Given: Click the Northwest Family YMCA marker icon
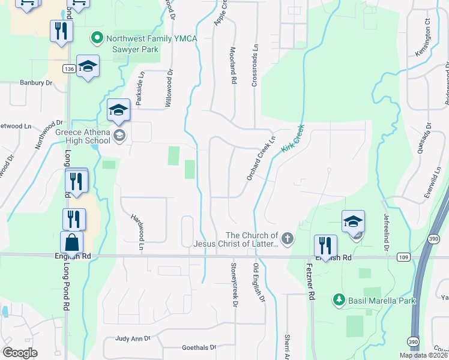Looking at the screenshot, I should click(97, 38).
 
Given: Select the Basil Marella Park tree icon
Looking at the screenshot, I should click(339, 299).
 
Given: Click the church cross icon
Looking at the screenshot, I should click(288, 239).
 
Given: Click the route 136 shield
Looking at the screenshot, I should click(68, 69).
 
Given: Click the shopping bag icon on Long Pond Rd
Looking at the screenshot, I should click(71, 243).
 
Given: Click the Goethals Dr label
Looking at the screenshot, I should click(199, 347).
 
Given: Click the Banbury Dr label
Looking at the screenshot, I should click(36, 83).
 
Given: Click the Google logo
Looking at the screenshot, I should click(20, 353).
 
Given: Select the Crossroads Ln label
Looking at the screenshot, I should click(255, 65).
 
